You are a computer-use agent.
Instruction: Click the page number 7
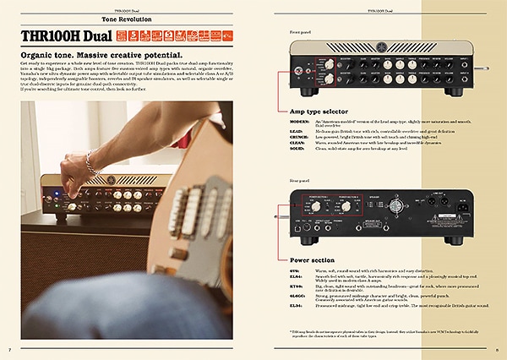click(x=9, y=350)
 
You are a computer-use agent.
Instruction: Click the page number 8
click(x=498, y=350)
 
